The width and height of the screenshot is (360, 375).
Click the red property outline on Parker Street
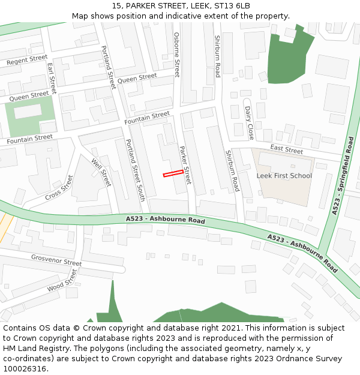(173, 173)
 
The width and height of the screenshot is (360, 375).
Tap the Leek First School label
(284, 176)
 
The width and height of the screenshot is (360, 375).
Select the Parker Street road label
(185, 164)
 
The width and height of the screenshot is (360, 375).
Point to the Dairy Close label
(249, 122)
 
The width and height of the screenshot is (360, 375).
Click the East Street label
(287, 149)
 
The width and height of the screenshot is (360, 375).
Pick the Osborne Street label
(176, 55)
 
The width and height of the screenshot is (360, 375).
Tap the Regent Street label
(27, 60)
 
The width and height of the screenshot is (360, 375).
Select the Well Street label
(101, 172)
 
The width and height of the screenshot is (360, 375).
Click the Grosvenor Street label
(56, 260)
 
